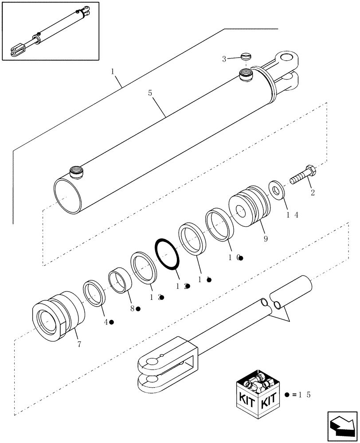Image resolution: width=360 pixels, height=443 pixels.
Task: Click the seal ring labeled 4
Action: tap(94, 293)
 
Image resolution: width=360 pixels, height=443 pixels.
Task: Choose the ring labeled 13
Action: tap(144, 267)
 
